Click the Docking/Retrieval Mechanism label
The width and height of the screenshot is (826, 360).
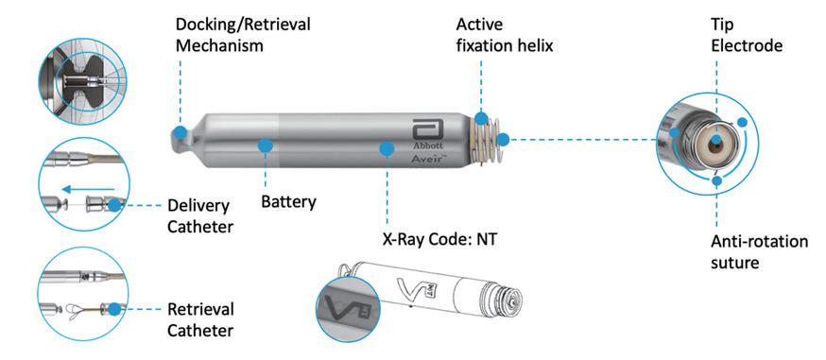pos(243,35)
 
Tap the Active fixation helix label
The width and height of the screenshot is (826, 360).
pos(505,35)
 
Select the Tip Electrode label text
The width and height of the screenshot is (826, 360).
pos(747,35)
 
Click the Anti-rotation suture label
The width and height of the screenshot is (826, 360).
pos(759,251)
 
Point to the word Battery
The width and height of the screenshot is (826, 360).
pos(288,201)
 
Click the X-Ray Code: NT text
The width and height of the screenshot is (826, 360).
pos(439,239)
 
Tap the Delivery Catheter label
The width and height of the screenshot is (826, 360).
pos(199,215)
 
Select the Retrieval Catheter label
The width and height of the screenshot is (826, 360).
pos(200,319)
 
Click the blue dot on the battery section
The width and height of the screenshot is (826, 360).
pos(265,145)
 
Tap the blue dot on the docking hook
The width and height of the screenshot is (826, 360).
pos(180,132)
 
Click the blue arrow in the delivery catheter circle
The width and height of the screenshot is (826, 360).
pos(88,188)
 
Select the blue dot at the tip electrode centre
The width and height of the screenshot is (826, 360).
pos(716,141)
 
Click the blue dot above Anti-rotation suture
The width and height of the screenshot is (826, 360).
pos(716,181)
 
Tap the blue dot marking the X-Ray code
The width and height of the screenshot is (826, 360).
pos(387,149)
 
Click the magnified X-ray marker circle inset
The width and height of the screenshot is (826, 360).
pos(348,308)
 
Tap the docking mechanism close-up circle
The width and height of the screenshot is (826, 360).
pos(82,79)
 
